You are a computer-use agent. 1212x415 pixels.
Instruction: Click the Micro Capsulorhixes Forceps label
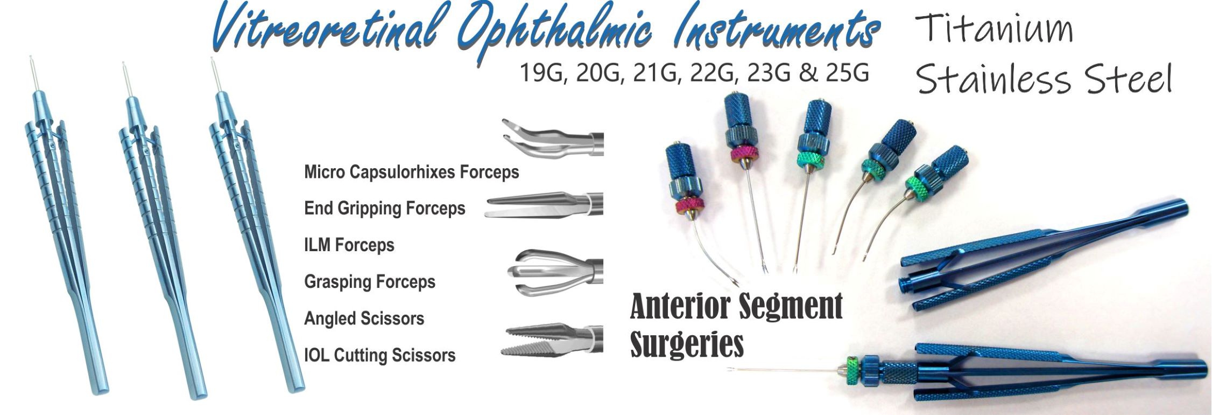click(x=412, y=172)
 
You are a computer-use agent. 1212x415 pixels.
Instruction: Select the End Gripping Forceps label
click(x=385, y=208)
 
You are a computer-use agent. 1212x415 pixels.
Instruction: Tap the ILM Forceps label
click(x=349, y=245)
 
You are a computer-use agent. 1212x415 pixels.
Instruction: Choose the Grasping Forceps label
click(x=370, y=281)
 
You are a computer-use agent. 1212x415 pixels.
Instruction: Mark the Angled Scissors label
click(x=364, y=318)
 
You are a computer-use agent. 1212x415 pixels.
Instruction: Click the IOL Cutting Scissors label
click(x=380, y=355)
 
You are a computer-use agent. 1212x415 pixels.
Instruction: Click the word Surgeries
click(x=687, y=343)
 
